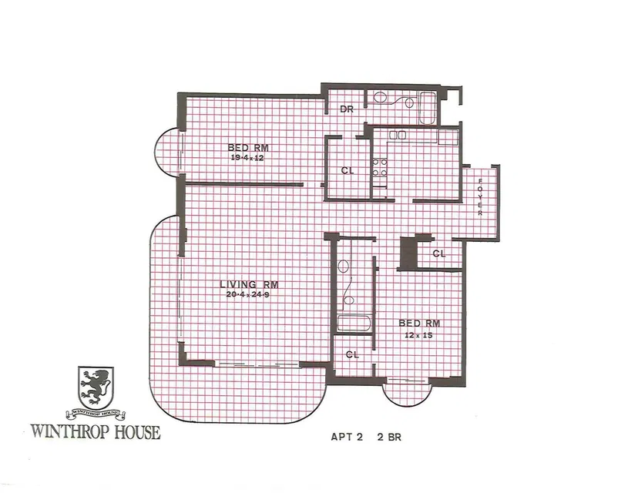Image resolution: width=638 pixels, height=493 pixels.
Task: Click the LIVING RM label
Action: coord(249,284)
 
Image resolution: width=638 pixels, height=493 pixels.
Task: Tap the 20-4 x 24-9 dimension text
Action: coord(247,294)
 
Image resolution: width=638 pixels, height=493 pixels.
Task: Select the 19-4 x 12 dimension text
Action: coord(247,158)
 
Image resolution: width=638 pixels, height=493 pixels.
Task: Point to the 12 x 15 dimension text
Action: coord(418,336)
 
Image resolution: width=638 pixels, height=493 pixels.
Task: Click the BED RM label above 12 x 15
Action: coord(419,324)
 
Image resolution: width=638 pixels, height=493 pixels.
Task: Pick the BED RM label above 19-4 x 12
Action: coord(248,148)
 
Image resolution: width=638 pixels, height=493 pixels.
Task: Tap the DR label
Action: coord(346,109)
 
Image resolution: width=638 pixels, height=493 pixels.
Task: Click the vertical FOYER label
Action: coord(480,197)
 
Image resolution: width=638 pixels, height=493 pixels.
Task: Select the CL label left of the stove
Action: coord(347,170)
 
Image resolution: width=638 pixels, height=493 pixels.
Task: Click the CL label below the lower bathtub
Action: coord(352,354)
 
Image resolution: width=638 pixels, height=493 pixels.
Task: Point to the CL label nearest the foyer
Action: coord(439,254)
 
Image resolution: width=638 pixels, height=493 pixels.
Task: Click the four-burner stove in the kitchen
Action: coord(379,168)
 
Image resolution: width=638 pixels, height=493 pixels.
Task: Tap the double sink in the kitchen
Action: coord(398,135)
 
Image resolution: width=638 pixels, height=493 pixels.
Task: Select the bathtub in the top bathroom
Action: coord(427,108)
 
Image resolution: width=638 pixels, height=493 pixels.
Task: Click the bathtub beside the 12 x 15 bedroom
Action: coord(354,324)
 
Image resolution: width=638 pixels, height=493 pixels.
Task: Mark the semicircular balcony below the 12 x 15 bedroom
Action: coord(408,393)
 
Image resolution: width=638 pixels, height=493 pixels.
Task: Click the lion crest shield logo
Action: coord(96,387)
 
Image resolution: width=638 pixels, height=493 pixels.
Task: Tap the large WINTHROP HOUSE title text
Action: coord(96,431)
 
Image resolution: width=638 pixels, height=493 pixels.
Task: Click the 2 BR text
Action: coord(390,438)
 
